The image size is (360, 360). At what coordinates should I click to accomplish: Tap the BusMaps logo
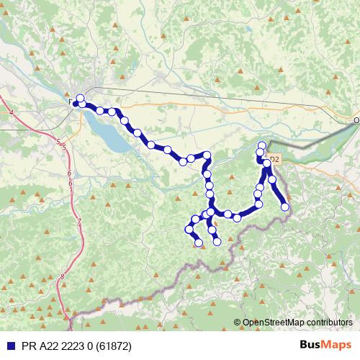[x=325, y=346]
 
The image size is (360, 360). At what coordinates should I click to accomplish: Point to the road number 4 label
[x=12, y=113]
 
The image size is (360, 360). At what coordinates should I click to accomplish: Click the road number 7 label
[x=78, y=221]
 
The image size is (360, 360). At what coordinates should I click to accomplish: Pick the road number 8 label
[x=63, y=276]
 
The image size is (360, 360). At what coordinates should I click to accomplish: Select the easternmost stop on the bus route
[x=285, y=207]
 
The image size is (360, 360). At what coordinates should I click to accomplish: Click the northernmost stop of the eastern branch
[x=262, y=146]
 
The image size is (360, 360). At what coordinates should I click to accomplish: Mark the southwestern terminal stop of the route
[x=199, y=243]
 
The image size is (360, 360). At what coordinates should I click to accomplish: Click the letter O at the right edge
[x=356, y=121]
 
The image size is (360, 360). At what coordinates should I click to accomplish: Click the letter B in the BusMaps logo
[x=304, y=346]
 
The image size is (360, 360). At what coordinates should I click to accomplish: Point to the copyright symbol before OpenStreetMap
[x=238, y=323]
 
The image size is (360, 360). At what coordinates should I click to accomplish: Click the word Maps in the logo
[x=337, y=346]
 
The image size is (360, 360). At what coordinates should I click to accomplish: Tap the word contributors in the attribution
[x=328, y=323]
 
